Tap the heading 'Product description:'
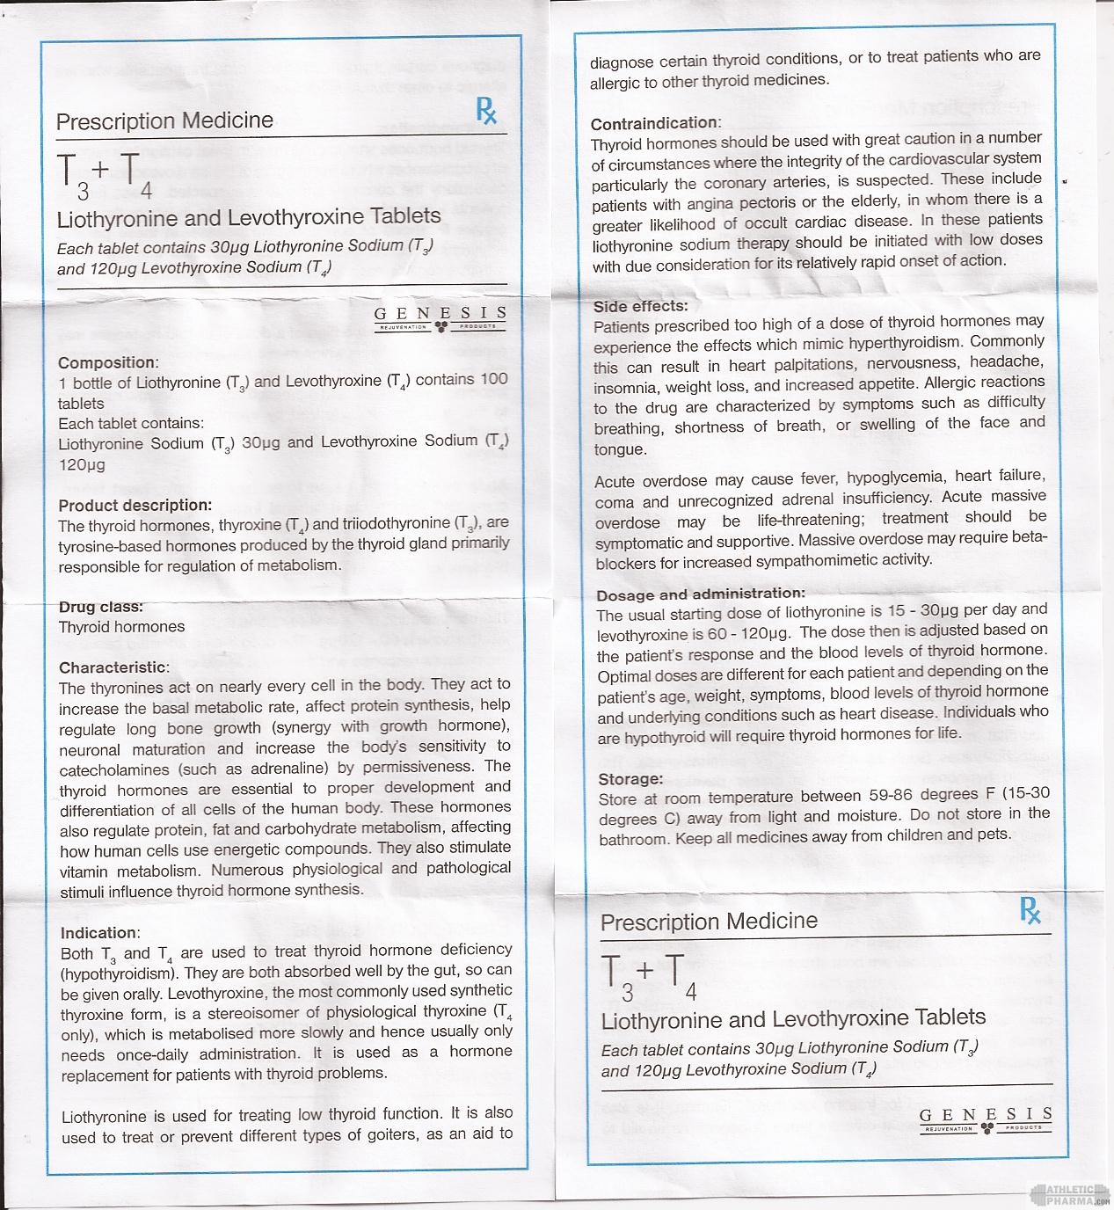(135, 505)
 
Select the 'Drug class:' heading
(101, 607)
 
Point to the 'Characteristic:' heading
(113, 667)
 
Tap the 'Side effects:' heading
(641, 306)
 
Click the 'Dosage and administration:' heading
(701, 594)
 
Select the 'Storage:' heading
(630, 779)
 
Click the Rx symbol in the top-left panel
(486, 111)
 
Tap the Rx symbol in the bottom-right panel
(1030, 910)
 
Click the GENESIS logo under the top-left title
(441, 317)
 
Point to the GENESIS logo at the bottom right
(985, 1119)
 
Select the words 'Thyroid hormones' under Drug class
(121, 627)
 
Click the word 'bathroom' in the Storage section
(634, 839)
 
